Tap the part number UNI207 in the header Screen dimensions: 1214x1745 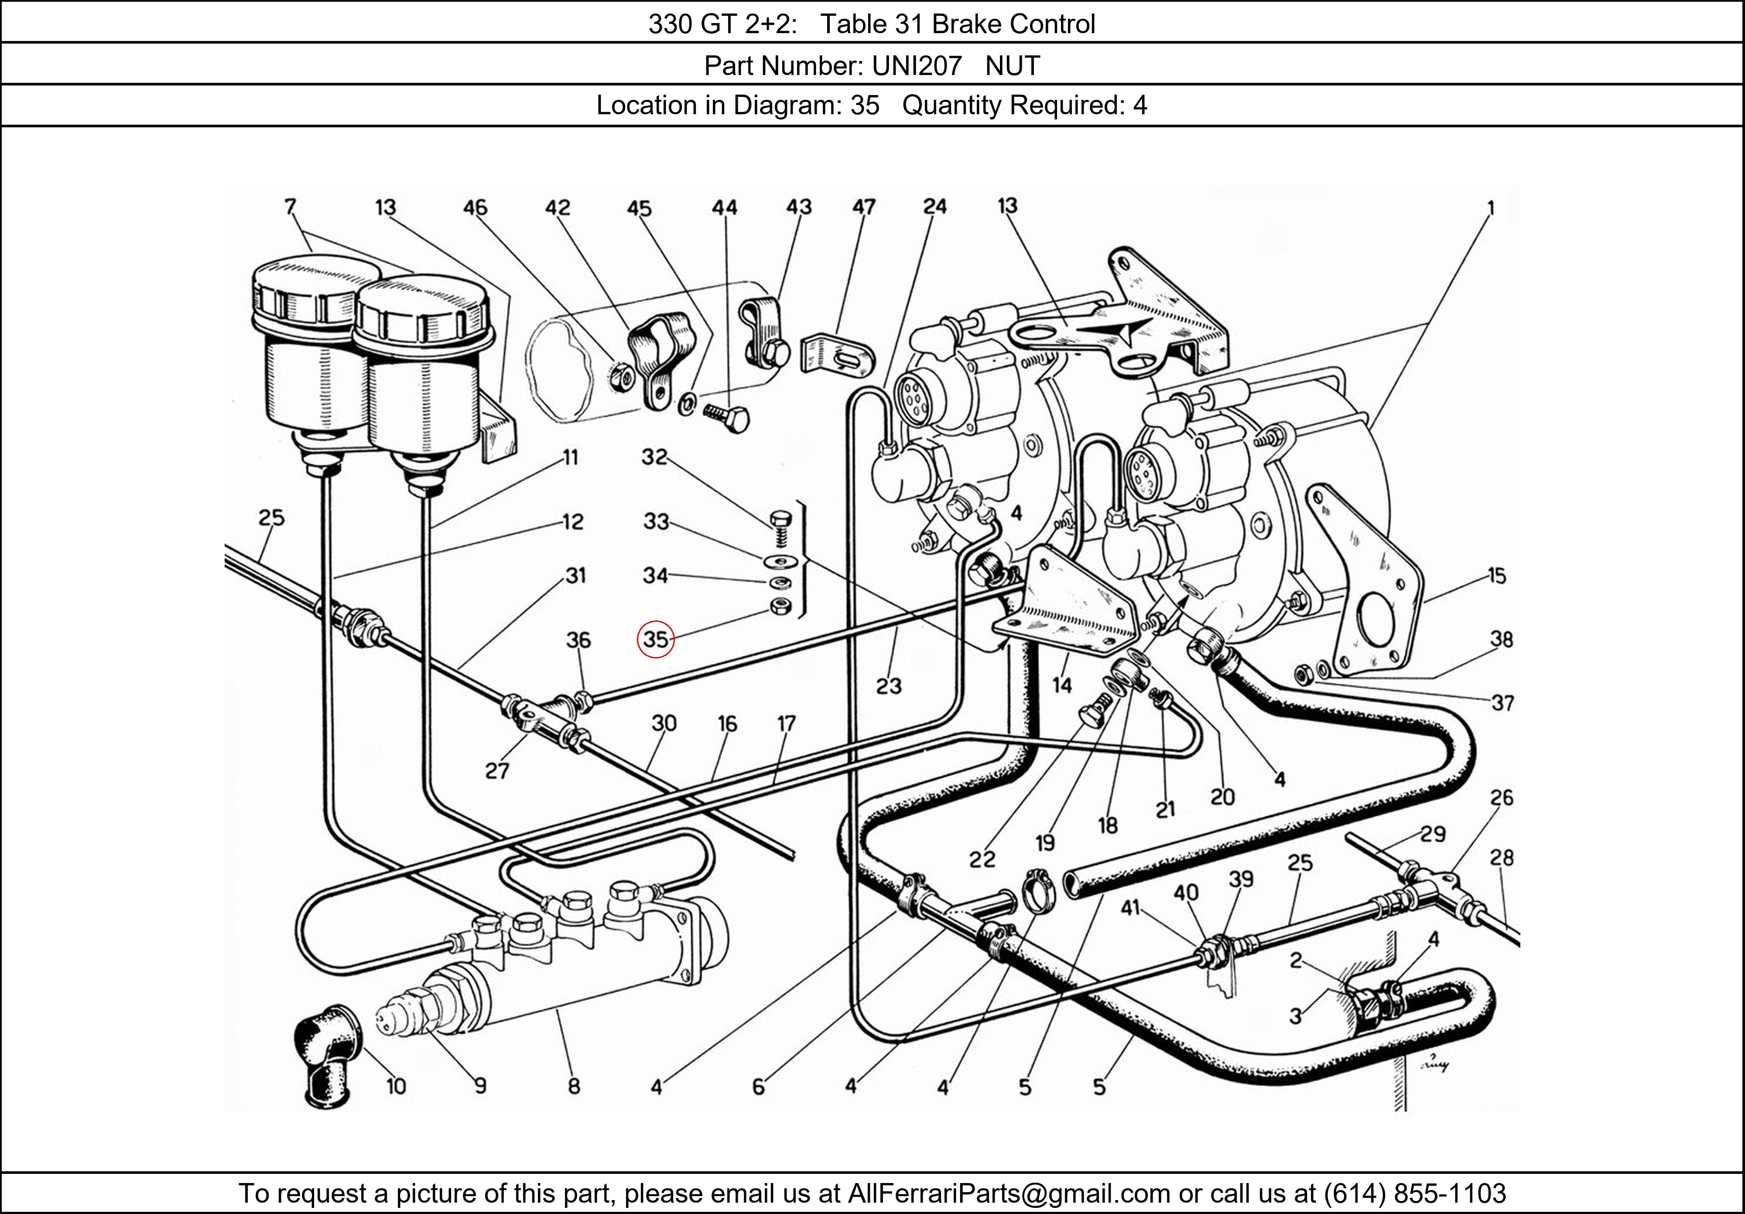pos(917,66)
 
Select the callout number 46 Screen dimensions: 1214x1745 pos(475,208)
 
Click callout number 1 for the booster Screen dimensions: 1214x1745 pos(1490,208)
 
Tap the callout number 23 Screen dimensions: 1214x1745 pos(889,686)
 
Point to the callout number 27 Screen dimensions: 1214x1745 pos(497,771)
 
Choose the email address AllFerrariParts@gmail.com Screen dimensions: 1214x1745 pos(1009,1194)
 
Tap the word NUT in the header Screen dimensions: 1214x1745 pos(1013,66)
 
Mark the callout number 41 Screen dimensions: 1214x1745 pos(1130,907)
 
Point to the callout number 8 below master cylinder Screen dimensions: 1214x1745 pos(573,1086)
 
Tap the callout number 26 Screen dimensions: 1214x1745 pos(1501,798)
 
